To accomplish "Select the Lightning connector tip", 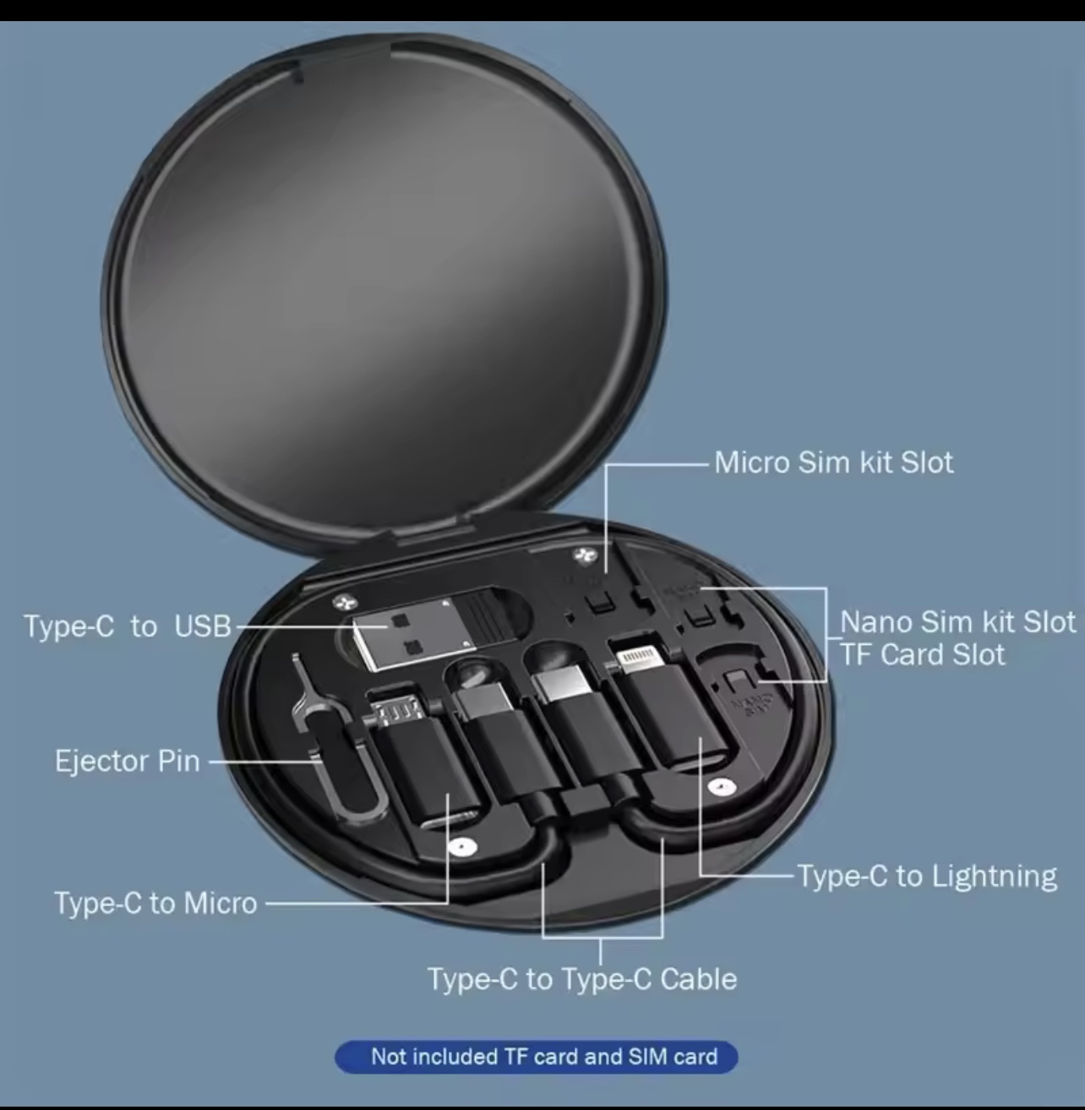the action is coord(642,659).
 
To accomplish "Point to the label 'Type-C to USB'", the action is coord(127,626).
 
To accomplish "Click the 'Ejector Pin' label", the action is coord(127,761).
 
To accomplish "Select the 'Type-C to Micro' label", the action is coord(155,903).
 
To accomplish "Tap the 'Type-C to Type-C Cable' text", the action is coord(582,979).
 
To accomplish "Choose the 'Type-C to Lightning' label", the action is coord(927,876).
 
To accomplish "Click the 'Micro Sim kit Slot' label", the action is coord(833,462).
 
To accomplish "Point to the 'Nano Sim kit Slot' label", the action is coord(958,621).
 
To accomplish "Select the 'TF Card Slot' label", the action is coord(923,654).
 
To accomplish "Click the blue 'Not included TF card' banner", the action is coord(536,1057).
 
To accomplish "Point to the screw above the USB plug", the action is coord(345,600).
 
